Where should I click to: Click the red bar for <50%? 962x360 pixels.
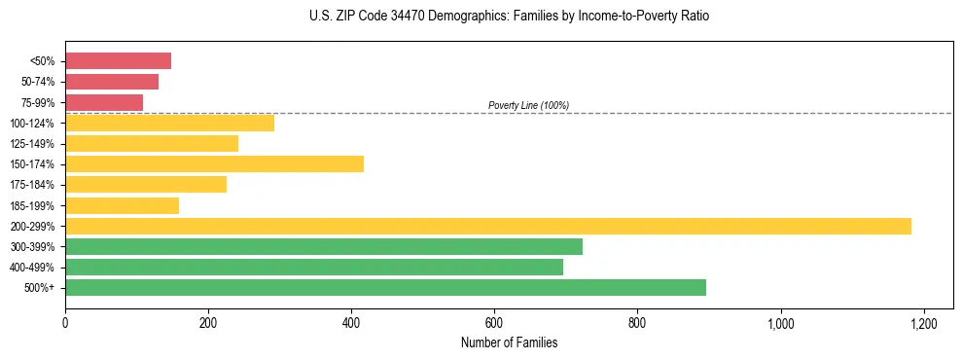118,61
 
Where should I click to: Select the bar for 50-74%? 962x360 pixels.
112,82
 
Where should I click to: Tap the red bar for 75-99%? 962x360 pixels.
104,102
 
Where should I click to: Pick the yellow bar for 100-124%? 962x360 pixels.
169,123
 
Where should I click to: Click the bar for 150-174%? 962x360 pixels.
214,163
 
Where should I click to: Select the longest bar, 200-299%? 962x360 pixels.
487,226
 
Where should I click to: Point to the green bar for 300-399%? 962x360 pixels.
324,246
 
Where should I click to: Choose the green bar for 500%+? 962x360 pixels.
385,287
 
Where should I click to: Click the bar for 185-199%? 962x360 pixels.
122,205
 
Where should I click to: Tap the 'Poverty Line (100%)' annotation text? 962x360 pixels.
528,105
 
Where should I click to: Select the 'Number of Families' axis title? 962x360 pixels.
510,342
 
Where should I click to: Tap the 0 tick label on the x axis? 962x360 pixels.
65,323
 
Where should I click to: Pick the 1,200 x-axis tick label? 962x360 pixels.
923,323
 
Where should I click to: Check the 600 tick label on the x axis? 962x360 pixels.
494,323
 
